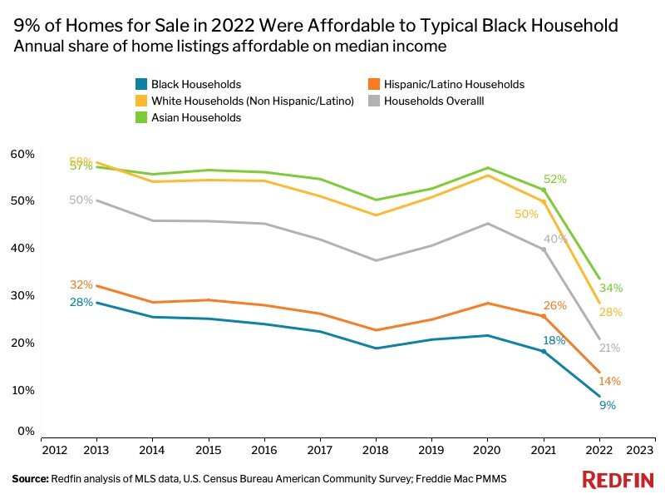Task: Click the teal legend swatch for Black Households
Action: tap(140, 84)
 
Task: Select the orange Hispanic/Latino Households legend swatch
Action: tap(375, 84)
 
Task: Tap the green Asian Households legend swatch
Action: tap(140, 117)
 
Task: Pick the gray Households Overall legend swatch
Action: tap(375, 101)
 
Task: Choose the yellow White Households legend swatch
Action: tap(140, 101)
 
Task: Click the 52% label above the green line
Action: tap(554, 179)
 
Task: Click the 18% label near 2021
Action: tap(554, 340)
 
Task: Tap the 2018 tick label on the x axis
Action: tap(375, 449)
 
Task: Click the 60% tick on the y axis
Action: tap(22, 154)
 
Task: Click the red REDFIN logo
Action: tap(617, 479)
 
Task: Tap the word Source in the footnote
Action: tap(30, 479)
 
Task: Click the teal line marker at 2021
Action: tap(544, 351)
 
